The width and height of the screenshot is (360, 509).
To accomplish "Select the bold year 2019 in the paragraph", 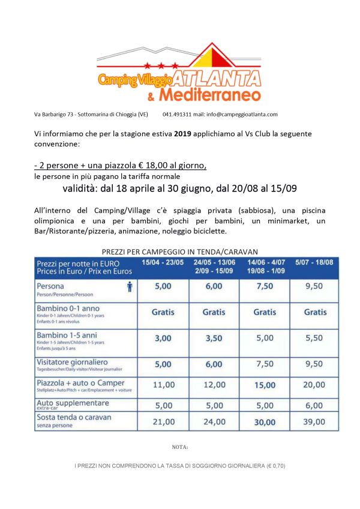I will pyautogui.click(x=184, y=134).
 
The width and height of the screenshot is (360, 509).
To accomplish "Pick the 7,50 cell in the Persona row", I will pyautogui.click(x=264, y=288).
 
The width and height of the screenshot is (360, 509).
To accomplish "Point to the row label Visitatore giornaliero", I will pyautogui.click(x=73, y=363).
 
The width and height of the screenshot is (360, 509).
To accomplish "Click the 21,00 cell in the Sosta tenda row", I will pyautogui.click(x=163, y=422).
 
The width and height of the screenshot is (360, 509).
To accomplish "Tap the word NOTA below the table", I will pyautogui.click(x=179, y=447).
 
